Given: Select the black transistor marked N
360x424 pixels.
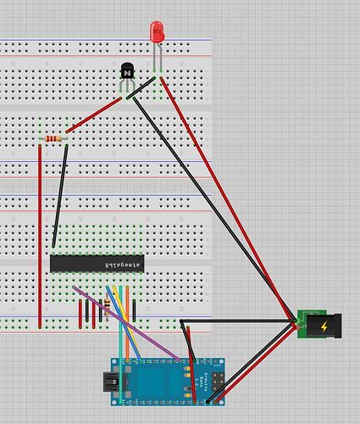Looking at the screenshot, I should (x=127, y=73).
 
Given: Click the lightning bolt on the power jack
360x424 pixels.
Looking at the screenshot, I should (x=327, y=326).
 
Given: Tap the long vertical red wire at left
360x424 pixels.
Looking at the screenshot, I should (x=40, y=237).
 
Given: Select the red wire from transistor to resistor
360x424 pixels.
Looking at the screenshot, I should (x=93, y=117).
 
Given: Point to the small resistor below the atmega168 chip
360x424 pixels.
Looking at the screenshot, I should (x=107, y=304).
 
